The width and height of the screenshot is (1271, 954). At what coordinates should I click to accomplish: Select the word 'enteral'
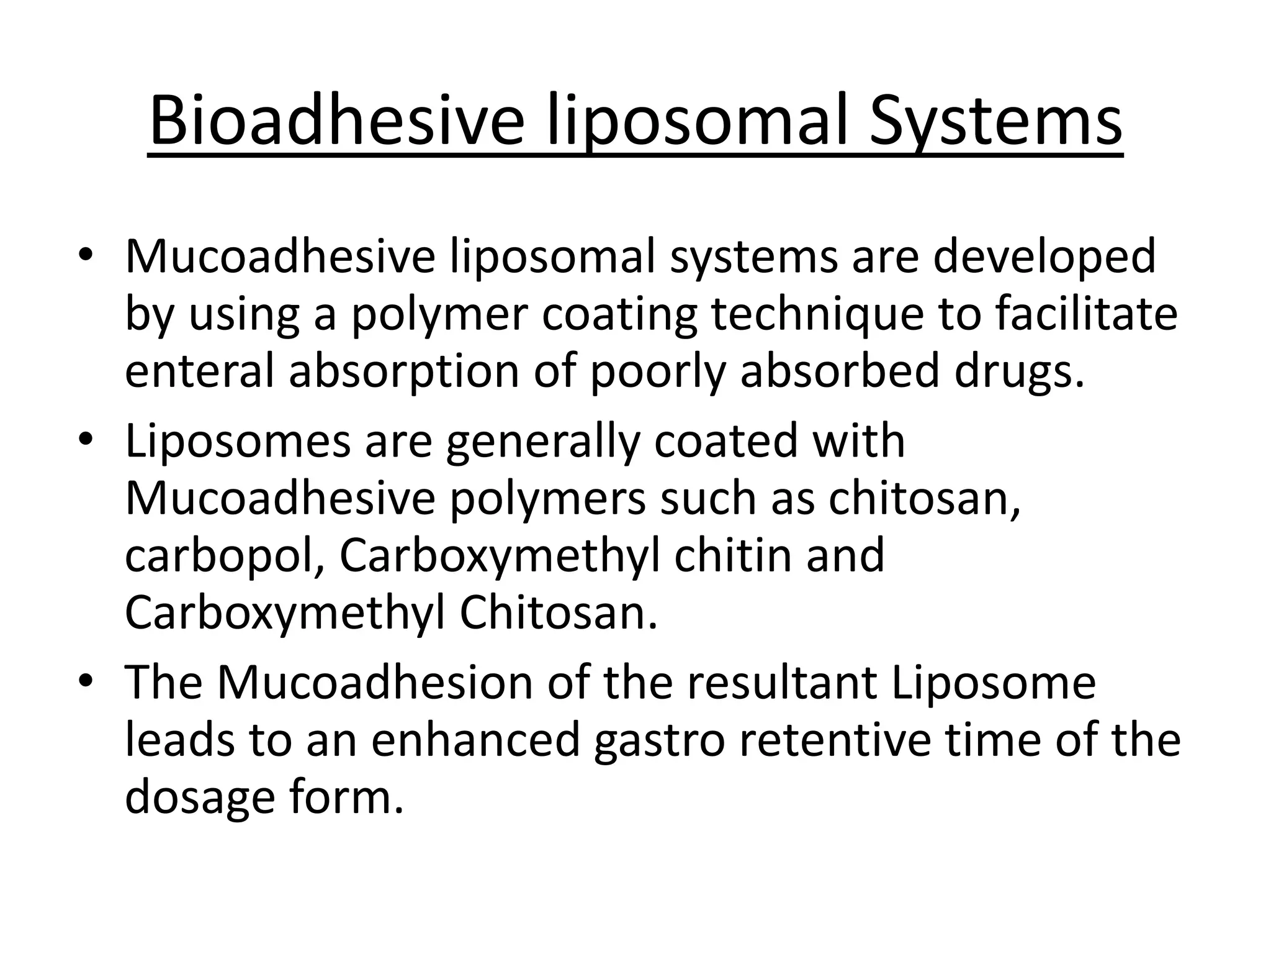click(199, 371)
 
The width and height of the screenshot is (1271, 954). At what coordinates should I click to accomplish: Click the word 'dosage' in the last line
click(199, 799)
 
